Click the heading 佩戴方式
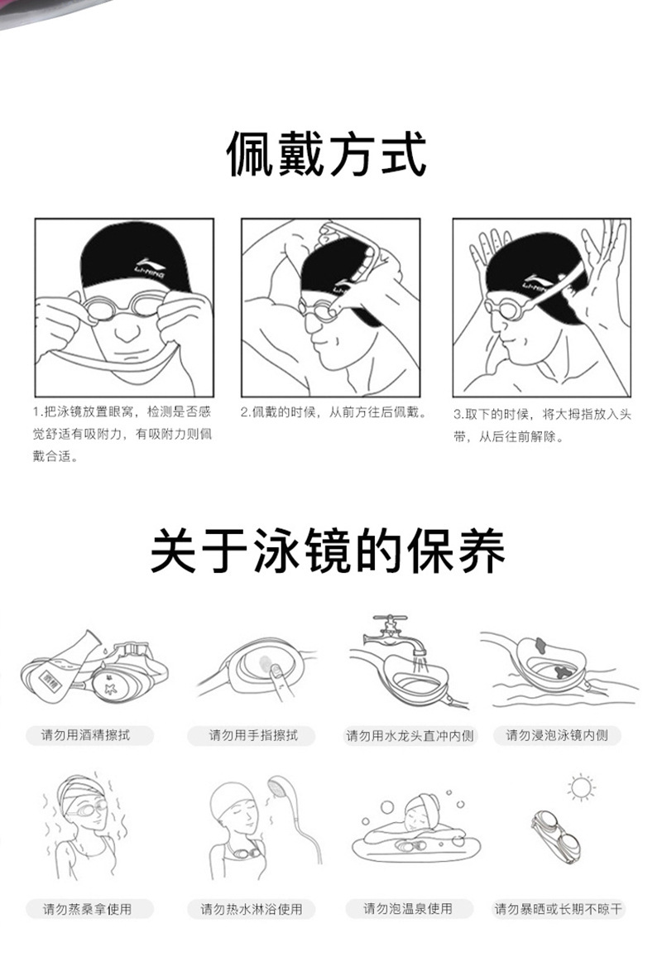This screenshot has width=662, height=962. (328, 156)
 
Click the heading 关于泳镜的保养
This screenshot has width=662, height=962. (328, 551)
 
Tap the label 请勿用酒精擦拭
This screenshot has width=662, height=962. (85, 734)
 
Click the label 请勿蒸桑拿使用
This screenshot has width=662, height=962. (87, 908)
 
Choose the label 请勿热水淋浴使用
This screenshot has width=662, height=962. (252, 908)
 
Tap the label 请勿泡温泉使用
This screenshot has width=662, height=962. (408, 908)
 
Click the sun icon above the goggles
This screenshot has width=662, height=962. (581, 787)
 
